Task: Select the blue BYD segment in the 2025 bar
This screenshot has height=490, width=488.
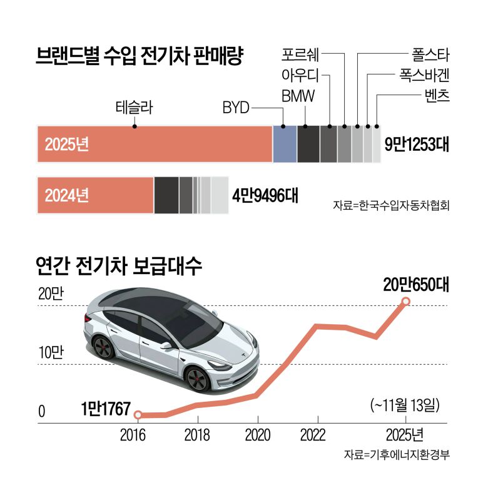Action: click(285, 144)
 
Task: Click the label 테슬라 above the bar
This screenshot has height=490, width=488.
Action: click(135, 108)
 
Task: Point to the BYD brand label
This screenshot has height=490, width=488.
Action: click(236, 108)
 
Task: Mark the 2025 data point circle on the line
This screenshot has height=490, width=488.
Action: click(405, 302)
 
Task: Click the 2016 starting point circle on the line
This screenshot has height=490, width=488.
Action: click(139, 414)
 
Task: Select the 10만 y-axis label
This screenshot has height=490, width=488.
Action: click(51, 353)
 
